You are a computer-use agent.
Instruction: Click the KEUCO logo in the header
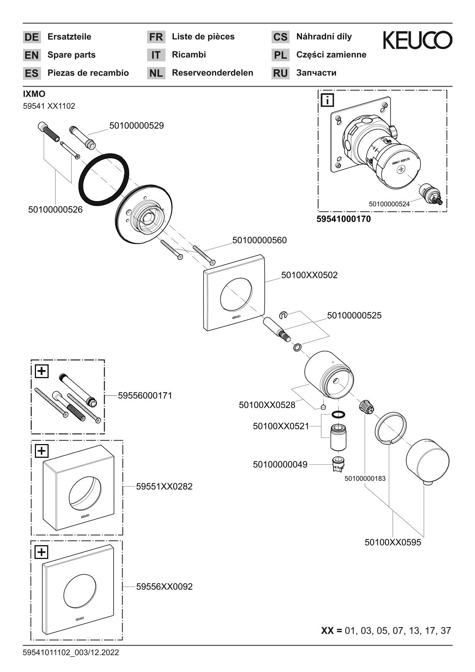click(x=417, y=40)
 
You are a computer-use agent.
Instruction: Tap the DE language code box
click(x=31, y=37)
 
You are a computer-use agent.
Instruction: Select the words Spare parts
click(x=71, y=55)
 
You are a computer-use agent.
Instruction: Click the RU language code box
click(x=280, y=73)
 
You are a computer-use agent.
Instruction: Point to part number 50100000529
click(x=136, y=126)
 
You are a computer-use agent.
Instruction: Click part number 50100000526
click(x=55, y=210)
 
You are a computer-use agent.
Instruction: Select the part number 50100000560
click(x=259, y=240)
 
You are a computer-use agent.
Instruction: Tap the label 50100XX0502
click(x=309, y=275)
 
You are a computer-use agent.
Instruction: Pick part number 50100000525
click(x=354, y=315)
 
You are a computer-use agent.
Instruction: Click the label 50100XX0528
click(x=267, y=405)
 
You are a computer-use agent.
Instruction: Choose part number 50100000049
click(x=280, y=464)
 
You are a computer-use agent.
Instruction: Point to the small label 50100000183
click(x=365, y=479)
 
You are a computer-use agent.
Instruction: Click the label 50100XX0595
click(x=393, y=543)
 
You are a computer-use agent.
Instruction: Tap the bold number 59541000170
click(x=344, y=220)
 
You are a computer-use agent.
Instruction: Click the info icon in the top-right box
click(x=328, y=100)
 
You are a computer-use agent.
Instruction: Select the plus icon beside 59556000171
click(x=42, y=371)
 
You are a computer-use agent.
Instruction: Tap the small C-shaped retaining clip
click(x=283, y=315)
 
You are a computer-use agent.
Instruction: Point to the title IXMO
click(x=34, y=94)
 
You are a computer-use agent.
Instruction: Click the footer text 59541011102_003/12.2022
click(x=71, y=652)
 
